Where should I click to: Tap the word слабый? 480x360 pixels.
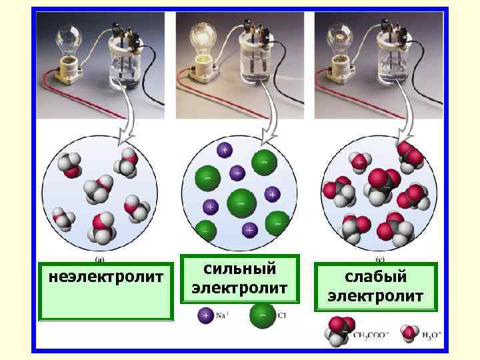click(x=375, y=276)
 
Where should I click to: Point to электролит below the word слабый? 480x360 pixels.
click(x=375, y=295)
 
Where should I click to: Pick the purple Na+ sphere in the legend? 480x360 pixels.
click(x=205, y=315)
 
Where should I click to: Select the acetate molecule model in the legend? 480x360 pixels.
click(x=338, y=331)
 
